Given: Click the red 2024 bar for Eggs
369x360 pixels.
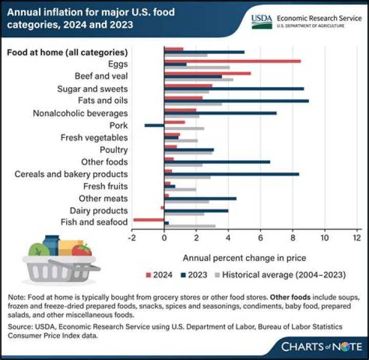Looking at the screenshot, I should point(232,61).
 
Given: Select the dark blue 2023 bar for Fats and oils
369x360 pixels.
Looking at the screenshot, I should point(236,101).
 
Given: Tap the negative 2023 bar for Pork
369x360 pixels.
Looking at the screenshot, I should point(154,125).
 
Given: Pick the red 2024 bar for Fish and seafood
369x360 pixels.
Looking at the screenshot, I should point(149,219).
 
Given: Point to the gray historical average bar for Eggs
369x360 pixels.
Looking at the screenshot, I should point(197,67).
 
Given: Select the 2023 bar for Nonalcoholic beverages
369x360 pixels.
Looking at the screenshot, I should point(220,113).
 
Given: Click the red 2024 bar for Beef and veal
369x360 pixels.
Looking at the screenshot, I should point(208,73).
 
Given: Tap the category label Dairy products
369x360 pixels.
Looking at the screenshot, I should point(98,210).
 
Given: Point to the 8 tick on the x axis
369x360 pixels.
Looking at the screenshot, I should point(293,237).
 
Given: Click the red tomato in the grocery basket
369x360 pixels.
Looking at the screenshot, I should point(82,250).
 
